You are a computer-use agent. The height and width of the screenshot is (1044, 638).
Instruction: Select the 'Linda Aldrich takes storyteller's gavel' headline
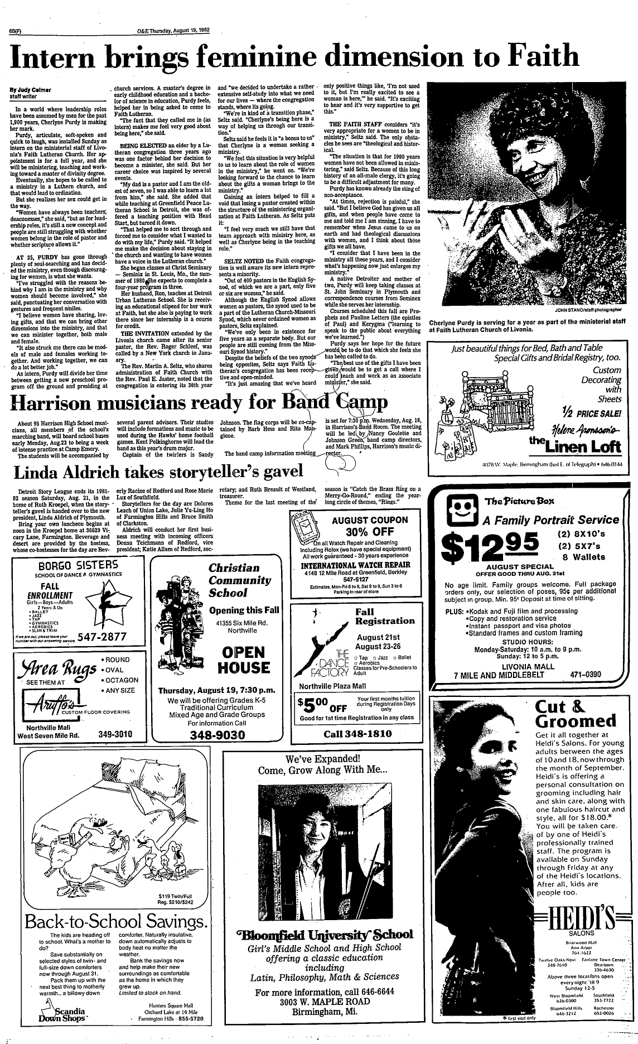coord(158,472)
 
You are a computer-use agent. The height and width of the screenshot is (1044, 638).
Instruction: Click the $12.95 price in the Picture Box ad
coord(490,550)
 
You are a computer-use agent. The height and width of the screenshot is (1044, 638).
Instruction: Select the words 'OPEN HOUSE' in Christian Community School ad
coord(244,660)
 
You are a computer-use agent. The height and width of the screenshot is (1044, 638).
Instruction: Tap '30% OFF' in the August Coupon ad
coord(370,531)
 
